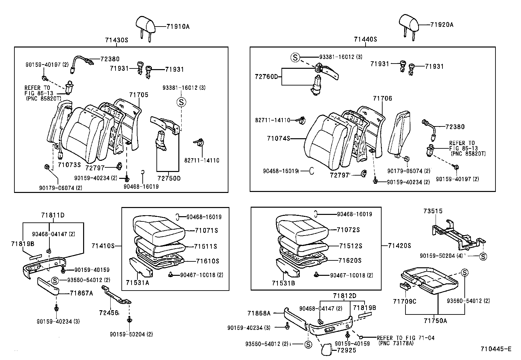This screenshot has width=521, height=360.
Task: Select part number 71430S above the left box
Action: click(116, 40)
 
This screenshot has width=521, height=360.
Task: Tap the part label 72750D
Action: click(169, 178)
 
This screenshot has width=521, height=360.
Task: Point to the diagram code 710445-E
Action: click(495, 349)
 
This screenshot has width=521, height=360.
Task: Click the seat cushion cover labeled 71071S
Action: click(159, 226)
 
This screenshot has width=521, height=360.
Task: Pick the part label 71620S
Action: click(350, 260)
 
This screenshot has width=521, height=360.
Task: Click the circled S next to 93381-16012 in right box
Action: click(295, 57)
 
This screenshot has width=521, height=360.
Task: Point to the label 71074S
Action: click(278, 139)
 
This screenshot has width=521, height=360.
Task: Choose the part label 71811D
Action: click(53, 215)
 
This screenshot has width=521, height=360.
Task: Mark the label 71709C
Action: click(404, 301)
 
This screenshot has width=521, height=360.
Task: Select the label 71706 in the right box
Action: click(382, 98)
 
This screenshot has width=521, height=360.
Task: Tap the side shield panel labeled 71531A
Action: click(141, 266)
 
